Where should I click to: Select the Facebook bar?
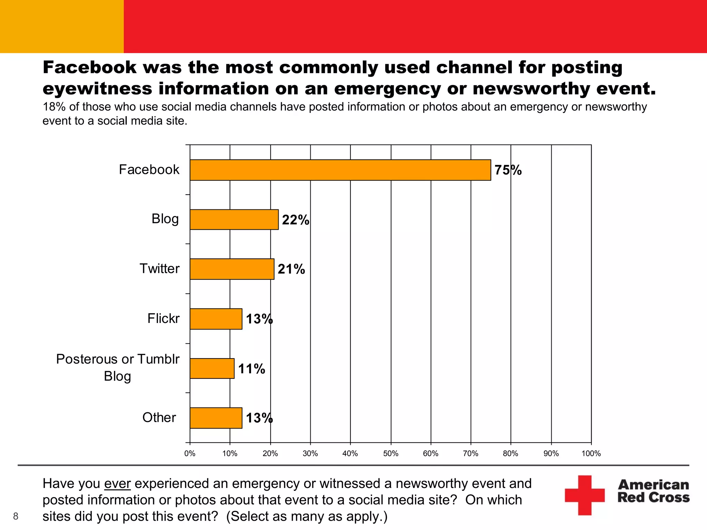click(x=340, y=170)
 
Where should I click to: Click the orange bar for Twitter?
click(x=232, y=269)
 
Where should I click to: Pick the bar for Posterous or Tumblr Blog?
click(x=212, y=369)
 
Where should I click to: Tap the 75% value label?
click(x=508, y=170)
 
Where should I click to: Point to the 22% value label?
click(x=296, y=220)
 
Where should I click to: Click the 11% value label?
click(x=252, y=369)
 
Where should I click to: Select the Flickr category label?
click(x=163, y=318)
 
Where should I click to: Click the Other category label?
click(x=159, y=418)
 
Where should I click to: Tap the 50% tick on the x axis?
click(x=391, y=453)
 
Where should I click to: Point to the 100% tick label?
click(x=591, y=453)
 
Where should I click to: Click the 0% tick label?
click(x=190, y=453)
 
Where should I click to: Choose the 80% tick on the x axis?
click(x=511, y=453)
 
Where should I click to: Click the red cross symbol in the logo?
click(x=585, y=495)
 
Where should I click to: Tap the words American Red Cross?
click(x=653, y=491)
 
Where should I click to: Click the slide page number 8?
click(x=16, y=516)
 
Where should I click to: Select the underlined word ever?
click(x=117, y=484)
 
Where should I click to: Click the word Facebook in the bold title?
click(x=90, y=67)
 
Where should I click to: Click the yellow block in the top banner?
click(x=62, y=27)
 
